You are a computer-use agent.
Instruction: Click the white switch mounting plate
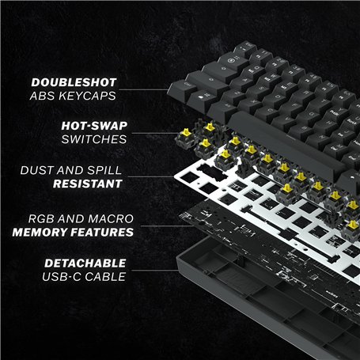[261, 194]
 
